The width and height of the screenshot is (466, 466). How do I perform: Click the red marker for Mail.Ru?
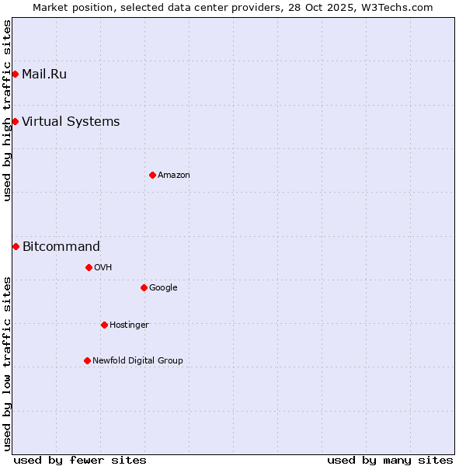15,74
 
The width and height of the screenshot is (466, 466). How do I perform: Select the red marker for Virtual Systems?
15,121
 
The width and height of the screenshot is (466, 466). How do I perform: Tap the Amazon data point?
152,175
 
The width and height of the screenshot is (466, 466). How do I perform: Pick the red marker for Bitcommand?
16,246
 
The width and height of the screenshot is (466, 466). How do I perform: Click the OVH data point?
89,267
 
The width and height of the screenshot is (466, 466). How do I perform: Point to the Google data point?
144,287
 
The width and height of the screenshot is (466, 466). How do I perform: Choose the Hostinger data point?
104,325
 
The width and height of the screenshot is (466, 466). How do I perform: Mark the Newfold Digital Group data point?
87,360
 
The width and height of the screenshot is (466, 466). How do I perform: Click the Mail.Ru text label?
44,75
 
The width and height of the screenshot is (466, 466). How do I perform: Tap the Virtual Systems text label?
71,121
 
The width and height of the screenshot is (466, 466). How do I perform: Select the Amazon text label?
174,176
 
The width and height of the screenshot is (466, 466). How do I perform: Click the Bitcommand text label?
61,247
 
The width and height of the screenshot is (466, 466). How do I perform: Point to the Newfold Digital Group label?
137,360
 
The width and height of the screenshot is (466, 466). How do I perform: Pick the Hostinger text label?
129,325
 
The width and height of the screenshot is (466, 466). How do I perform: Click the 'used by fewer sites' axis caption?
80,460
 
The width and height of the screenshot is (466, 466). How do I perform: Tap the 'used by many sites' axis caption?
390,460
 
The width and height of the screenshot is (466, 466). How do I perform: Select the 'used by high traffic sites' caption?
7,110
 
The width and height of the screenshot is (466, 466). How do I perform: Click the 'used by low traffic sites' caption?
7,363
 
